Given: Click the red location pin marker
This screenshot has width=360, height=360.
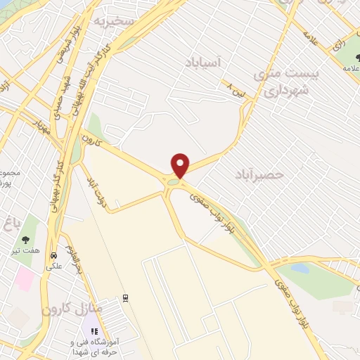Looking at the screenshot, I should coord(181,165).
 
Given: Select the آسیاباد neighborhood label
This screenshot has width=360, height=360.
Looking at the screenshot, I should coord(205,63).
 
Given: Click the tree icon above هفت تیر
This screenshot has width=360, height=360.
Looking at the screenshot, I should coord(26,240).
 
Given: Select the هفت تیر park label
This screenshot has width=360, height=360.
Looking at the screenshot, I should coord(26,251).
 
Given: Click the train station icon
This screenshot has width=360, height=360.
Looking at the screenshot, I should coord(126,298).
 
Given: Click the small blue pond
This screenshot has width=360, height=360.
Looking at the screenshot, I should coord(300,268).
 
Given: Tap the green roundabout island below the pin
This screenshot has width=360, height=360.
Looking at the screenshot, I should coord(173,183).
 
